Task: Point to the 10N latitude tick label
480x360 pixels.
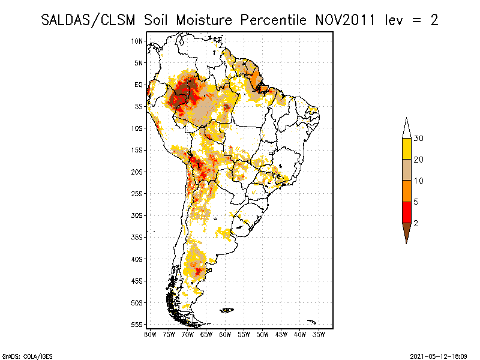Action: [137, 41]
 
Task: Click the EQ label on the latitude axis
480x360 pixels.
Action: [139, 85]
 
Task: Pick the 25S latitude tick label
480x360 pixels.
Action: [137, 193]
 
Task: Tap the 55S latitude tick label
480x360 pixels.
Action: [137, 325]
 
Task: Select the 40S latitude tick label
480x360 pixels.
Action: [137, 259]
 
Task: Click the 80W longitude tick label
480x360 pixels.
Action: [149, 334]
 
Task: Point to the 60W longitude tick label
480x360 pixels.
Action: [225, 334]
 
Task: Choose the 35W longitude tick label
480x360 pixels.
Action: [319, 334]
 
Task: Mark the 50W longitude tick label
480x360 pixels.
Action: [262, 334]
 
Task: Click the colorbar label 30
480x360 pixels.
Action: [419, 139]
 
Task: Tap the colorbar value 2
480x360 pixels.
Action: [416, 223]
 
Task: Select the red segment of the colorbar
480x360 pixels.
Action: [406, 212]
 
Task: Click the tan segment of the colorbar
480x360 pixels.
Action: [406, 170]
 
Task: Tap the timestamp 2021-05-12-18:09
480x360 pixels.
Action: [438, 356]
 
